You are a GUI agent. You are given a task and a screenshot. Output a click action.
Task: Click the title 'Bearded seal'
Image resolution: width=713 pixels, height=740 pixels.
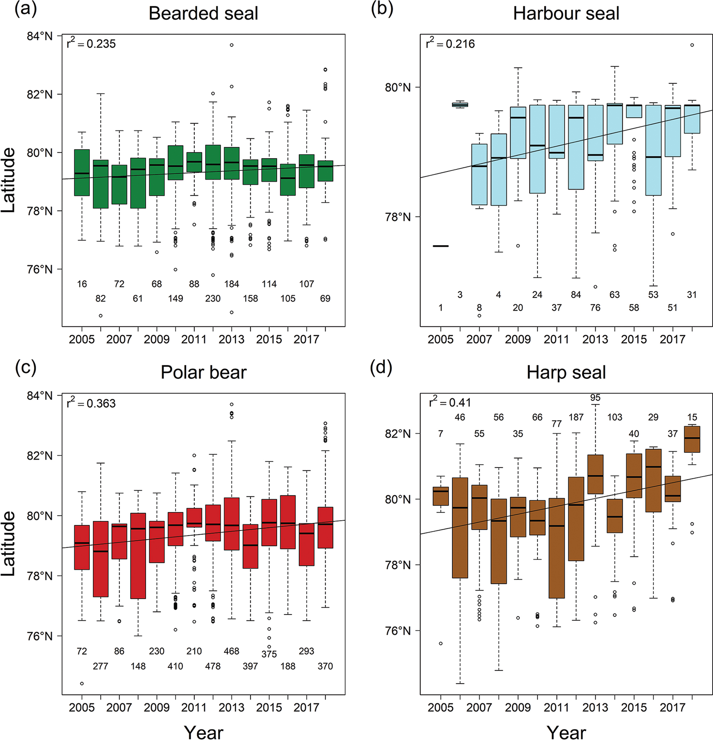(203, 14)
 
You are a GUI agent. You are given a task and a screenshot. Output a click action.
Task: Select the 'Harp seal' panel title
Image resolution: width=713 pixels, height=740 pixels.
(566, 373)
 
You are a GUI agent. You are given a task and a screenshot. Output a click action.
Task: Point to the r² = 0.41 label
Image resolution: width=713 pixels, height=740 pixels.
(450, 402)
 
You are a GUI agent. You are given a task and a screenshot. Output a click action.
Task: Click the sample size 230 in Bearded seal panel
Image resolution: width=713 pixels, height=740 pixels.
(213, 299)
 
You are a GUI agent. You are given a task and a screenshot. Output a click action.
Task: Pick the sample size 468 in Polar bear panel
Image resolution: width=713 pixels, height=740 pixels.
(231, 651)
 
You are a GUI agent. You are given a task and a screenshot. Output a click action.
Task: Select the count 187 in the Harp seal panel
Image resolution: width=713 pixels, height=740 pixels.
(576, 417)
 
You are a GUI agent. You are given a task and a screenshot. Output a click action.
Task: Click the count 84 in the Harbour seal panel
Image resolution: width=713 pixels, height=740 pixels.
(576, 295)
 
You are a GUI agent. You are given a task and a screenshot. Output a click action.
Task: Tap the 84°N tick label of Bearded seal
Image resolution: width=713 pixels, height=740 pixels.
(40, 36)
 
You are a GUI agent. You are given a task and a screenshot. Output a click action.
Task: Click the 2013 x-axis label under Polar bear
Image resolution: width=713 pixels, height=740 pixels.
(231, 707)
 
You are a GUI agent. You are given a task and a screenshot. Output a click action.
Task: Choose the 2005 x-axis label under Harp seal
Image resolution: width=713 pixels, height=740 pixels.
(440, 707)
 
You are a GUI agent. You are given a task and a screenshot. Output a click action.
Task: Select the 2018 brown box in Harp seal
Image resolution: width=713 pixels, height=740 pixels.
(692, 439)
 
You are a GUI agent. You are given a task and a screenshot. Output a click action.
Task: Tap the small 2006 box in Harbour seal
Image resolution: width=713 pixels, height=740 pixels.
(460, 105)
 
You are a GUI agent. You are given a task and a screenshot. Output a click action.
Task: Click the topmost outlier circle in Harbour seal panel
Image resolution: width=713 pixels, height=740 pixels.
(692, 45)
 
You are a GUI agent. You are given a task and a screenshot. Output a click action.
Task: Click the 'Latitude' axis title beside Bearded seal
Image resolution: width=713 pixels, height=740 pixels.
(8, 180)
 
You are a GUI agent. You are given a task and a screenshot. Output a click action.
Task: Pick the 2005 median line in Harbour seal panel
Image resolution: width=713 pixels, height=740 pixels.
(440, 246)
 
